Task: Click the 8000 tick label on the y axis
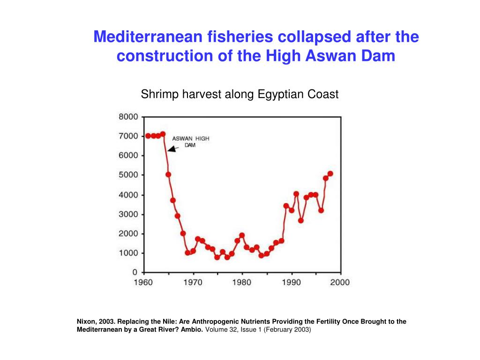(x=127, y=117)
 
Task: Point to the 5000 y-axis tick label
(x=127, y=175)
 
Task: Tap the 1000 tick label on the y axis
(x=127, y=253)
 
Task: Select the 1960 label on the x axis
(x=143, y=282)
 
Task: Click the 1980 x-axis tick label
(x=242, y=282)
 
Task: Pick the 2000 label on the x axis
(x=340, y=282)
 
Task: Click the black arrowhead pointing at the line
(x=172, y=149)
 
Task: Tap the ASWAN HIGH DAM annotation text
(x=190, y=142)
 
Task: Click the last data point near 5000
(x=330, y=173)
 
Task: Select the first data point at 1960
(x=148, y=136)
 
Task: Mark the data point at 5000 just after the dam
(x=168, y=174)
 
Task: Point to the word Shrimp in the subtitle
(x=157, y=94)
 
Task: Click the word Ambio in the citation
(x=193, y=330)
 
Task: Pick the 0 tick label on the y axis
(x=135, y=272)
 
